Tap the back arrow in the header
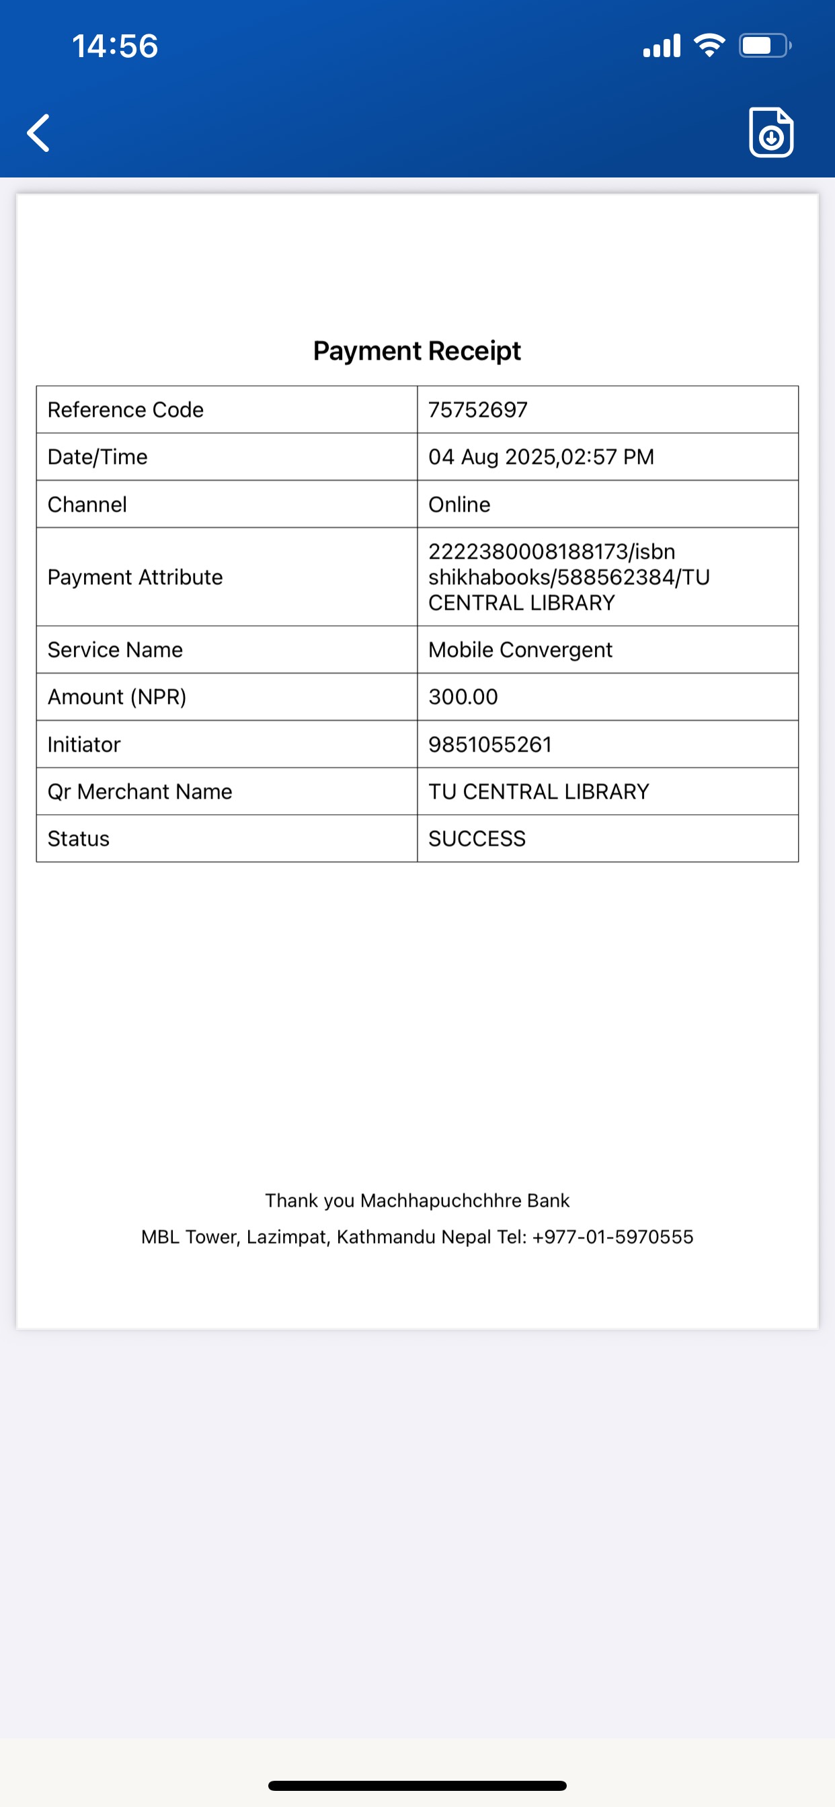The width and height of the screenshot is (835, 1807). (x=39, y=132)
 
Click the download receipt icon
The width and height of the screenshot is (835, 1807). (x=770, y=132)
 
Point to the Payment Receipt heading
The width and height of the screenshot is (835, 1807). (x=417, y=351)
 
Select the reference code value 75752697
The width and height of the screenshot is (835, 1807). (x=478, y=409)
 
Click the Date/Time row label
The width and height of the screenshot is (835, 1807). (x=97, y=456)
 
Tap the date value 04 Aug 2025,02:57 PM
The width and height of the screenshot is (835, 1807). (x=541, y=456)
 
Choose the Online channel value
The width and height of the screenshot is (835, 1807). (x=459, y=504)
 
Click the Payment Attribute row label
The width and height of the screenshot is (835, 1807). (x=134, y=577)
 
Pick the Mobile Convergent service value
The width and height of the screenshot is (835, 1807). (x=520, y=649)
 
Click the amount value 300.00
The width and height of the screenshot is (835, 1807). (x=463, y=696)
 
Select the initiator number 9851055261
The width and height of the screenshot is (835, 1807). (x=490, y=744)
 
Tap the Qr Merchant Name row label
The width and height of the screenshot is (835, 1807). (x=140, y=791)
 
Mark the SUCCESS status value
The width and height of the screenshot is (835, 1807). (x=477, y=838)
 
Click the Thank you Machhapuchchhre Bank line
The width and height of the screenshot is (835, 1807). (x=417, y=1200)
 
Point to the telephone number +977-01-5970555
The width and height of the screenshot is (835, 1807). (x=612, y=1237)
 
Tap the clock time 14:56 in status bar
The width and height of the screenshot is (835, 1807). (x=115, y=46)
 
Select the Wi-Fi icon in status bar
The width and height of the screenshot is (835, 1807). (x=709, y=46)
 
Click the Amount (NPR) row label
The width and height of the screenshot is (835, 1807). (x=116, y=696)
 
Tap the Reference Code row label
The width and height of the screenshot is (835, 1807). (x=126, y=409)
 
